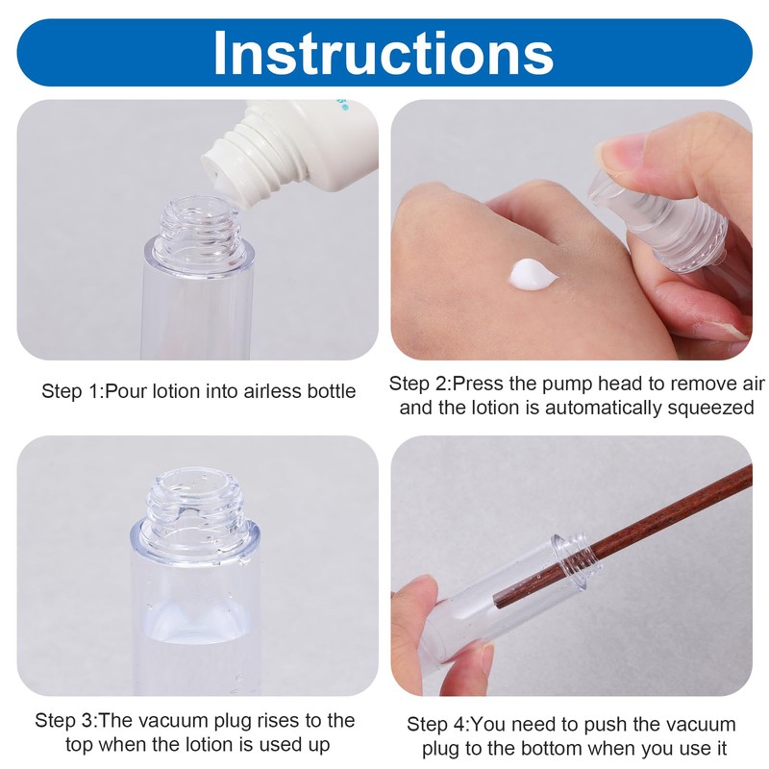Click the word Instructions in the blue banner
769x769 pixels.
pyautogui.click(x=384, y=53)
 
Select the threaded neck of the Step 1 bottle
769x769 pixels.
pyautogui.click(x=200, y=227)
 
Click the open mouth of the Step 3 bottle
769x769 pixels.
pyautogui.click(x=195, y=483)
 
